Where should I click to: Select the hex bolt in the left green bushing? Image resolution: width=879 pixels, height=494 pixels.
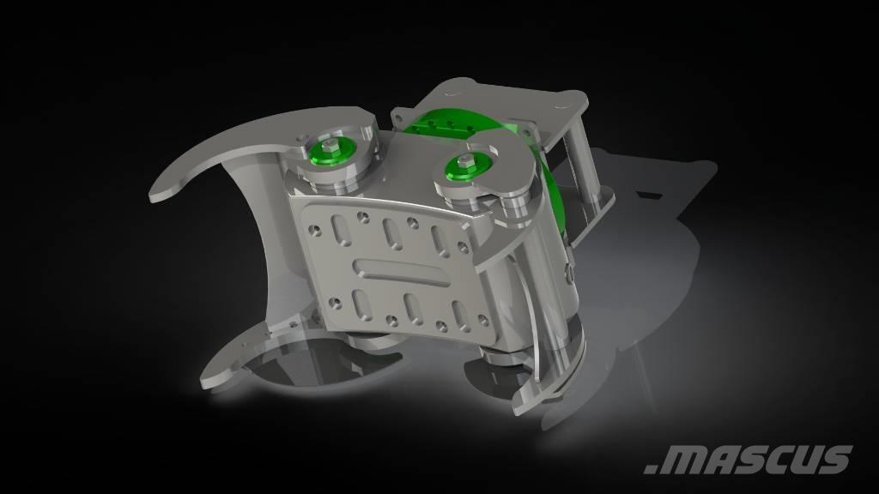[x=330, y=148]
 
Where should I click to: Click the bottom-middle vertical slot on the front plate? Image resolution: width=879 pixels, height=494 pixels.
[x=411, y=310]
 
